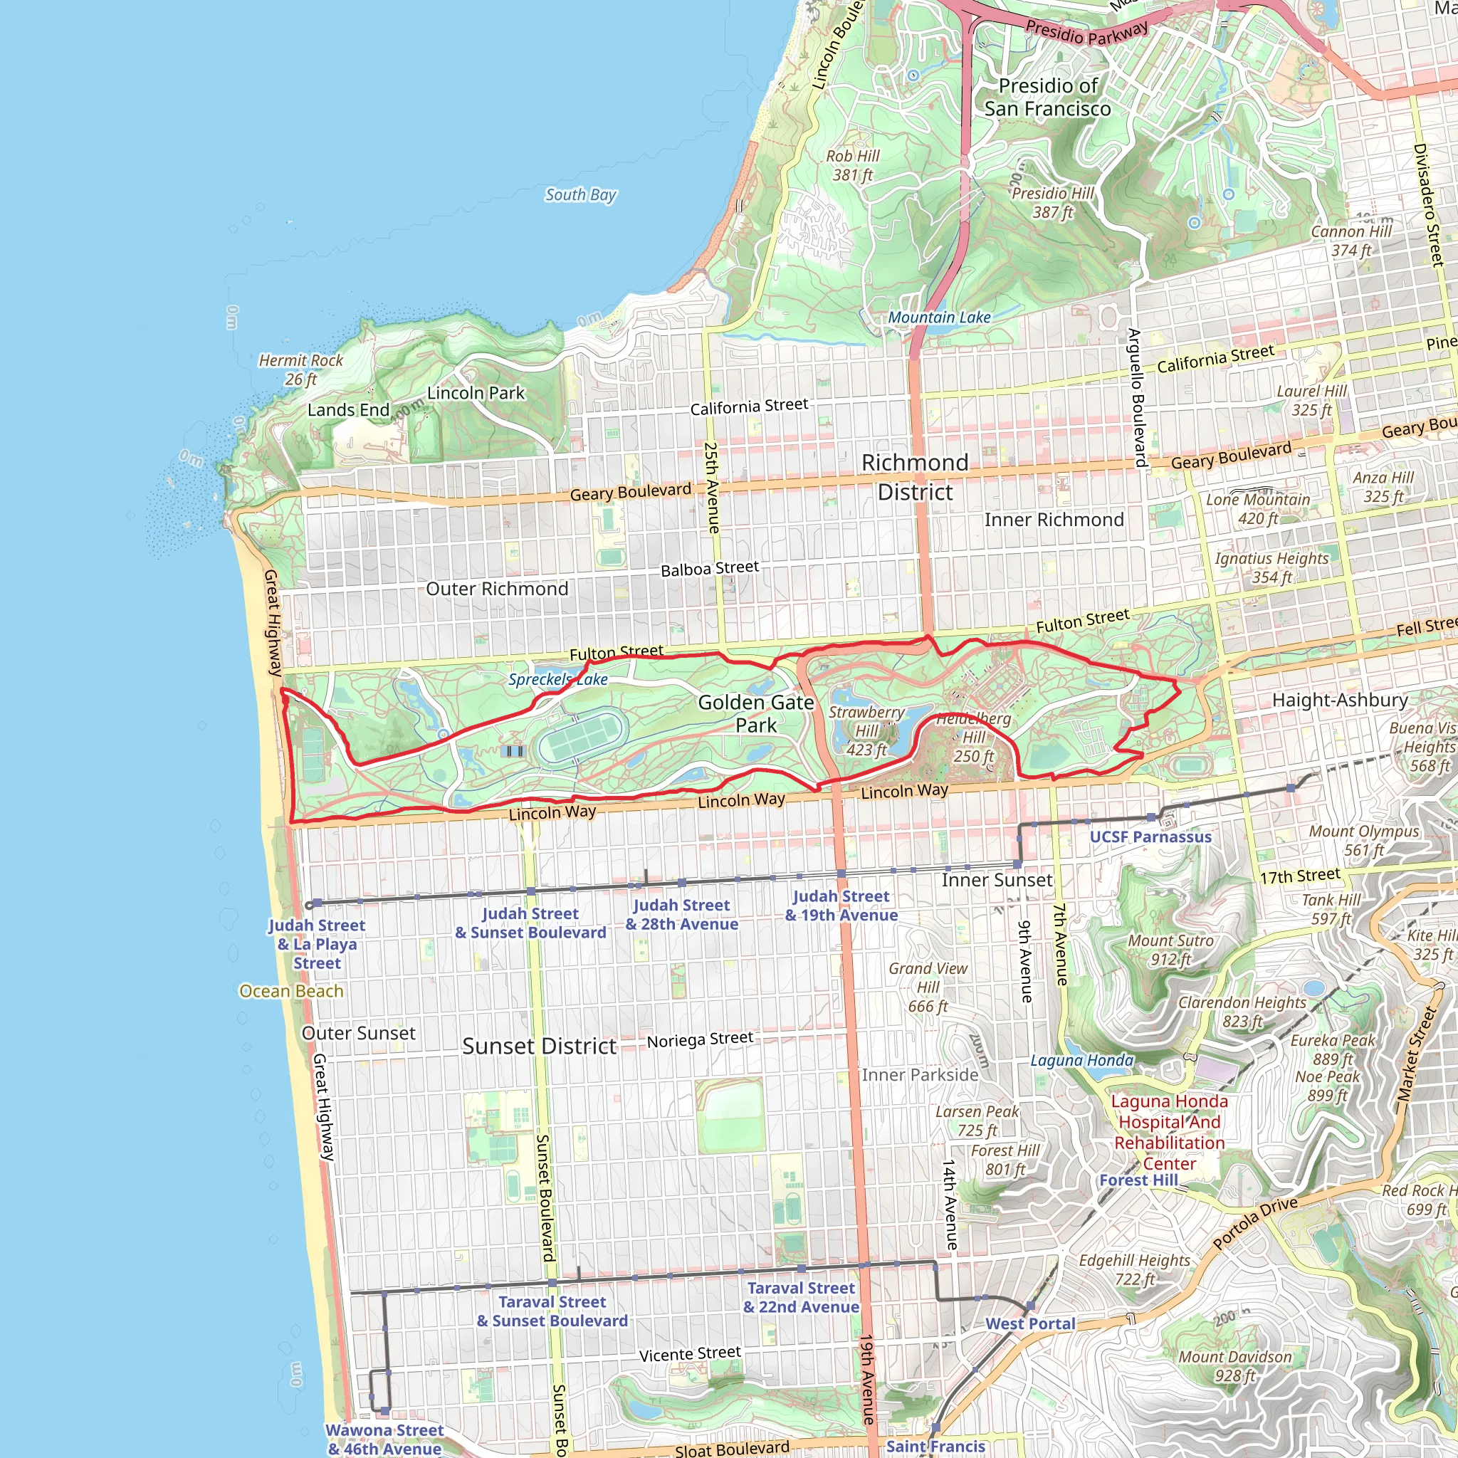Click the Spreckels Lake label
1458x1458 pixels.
click(x=557, y=679)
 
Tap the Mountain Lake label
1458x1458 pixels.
click(x=939, y=318)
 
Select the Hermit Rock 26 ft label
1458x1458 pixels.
click(x=300, y=369)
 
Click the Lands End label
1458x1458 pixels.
click(x=348, y=410)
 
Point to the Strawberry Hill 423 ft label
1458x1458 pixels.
click(x=866, y=730)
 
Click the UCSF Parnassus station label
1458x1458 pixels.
click(x=1150, y=837)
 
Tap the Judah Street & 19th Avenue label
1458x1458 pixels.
click(x=841, y=906)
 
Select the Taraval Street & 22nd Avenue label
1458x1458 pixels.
click(x=801, y=1297)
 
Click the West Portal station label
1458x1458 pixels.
click(x=1030, y=1323)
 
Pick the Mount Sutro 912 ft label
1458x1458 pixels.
click(x=1170, y=950)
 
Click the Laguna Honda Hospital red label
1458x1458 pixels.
click(x=1169, y=1132)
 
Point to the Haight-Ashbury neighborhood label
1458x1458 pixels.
click(x=1340, y=700)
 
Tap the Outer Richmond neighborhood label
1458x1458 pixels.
click(x=497, y=589)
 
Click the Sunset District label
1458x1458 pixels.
click(x=540, y=1046)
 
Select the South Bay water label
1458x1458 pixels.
click(x=580, y=194)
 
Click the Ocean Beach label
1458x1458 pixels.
click(x=290, y=991)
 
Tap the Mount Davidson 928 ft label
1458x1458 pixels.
click(x=1234, y=1366)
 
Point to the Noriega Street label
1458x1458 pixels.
click(x=700, y=1040)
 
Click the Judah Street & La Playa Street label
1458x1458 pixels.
click(x=317, y=944)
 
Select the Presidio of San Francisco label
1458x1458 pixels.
click(x=1047, y=98)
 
